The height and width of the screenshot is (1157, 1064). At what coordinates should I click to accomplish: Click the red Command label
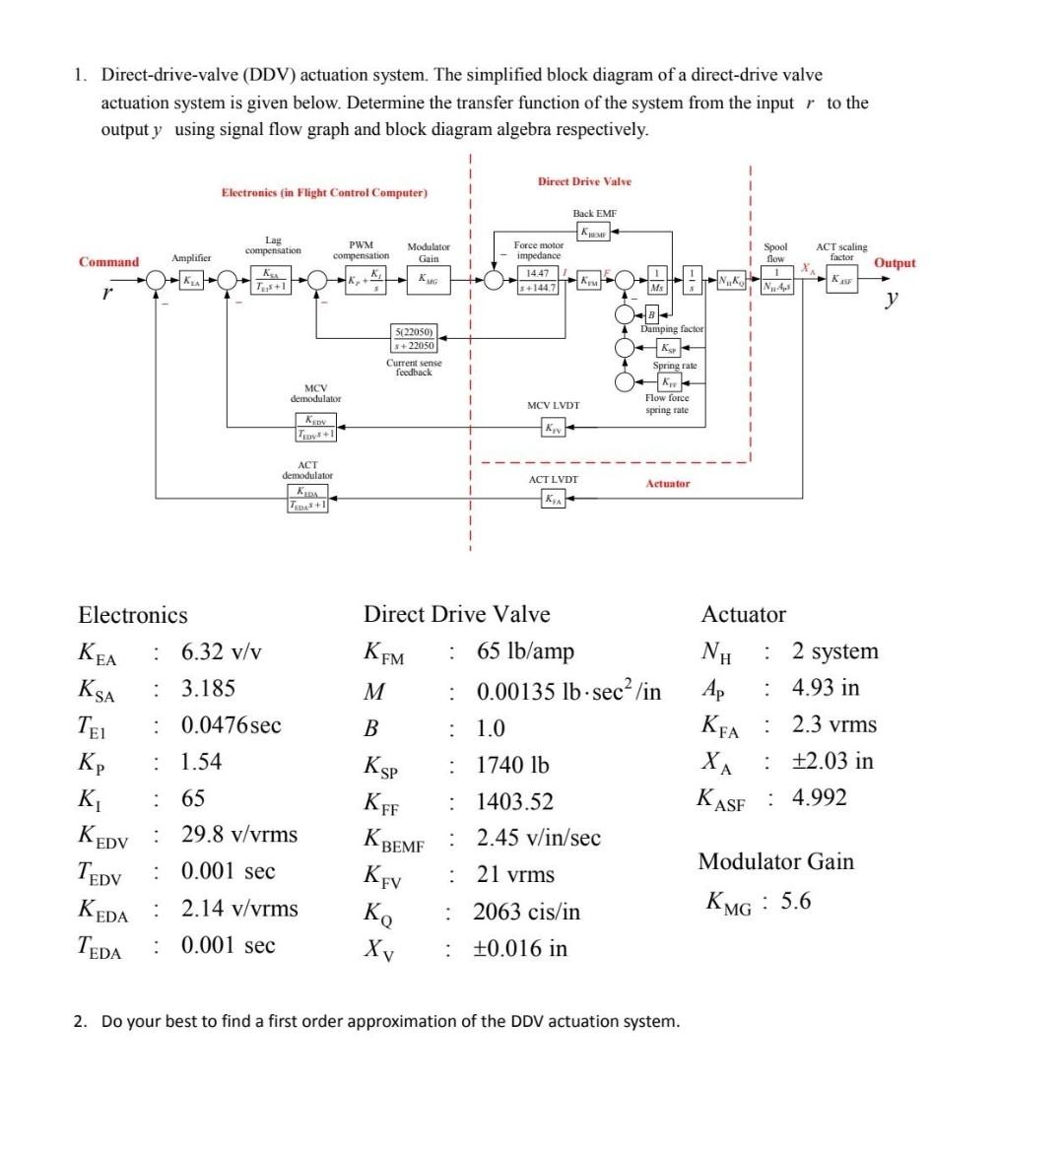tap(108, 262)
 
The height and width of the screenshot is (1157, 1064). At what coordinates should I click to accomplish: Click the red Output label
tap(895, 263)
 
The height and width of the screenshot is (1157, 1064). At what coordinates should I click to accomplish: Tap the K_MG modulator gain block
tap(429, 281)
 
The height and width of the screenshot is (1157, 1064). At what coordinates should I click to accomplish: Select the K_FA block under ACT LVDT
tap(554, 500)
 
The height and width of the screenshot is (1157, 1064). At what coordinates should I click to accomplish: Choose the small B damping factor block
tap(651, 314)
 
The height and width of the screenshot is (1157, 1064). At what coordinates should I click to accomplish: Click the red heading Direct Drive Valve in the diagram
tap(584, 181)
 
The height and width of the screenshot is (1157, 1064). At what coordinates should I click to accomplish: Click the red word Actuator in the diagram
tap(668, 484)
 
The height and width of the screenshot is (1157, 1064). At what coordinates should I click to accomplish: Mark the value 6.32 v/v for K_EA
tap(222, 651)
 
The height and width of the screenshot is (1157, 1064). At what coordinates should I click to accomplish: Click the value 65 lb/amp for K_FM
tap(525, 651)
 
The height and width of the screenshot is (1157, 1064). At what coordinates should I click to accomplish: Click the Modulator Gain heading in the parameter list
tap(775, 861)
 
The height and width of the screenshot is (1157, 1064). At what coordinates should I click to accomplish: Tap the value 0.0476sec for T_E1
tap(231, 725)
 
